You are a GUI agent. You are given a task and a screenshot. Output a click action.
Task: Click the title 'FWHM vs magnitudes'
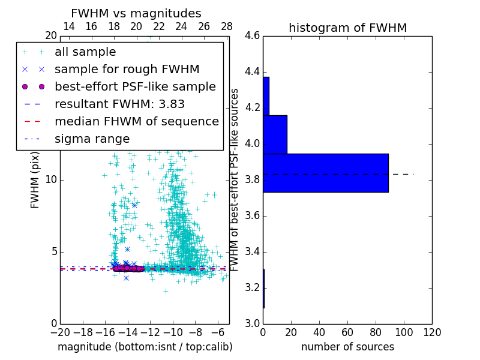[x=136, y=13]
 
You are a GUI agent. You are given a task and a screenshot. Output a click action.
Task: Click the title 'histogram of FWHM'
[x=347, y=28]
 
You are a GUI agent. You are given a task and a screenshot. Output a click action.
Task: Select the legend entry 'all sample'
[x=85, y=52]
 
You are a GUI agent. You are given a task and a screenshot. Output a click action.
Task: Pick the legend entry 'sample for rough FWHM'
[x=127, y=69]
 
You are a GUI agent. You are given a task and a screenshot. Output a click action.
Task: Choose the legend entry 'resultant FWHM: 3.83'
[x=119, y=104]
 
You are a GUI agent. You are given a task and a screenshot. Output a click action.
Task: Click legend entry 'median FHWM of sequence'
[x=136, y=121]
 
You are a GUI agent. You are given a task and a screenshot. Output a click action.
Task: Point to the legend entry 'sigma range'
[x=92, y=139]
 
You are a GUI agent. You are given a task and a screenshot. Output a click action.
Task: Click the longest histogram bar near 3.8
[x=326, y=173]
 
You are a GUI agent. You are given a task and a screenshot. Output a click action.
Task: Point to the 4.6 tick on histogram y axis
[x=253, y=36]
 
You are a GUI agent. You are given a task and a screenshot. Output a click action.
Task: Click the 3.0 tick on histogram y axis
[x=253, y=323]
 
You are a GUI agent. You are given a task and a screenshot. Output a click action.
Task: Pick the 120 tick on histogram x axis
[x=432, y=332]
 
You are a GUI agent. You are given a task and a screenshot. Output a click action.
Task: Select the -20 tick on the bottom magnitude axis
[x=60, y=332]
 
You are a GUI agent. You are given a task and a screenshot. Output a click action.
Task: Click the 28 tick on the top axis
[x=227, y=26]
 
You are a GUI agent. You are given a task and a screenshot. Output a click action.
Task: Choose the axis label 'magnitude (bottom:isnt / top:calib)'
[x=145, y=347]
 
